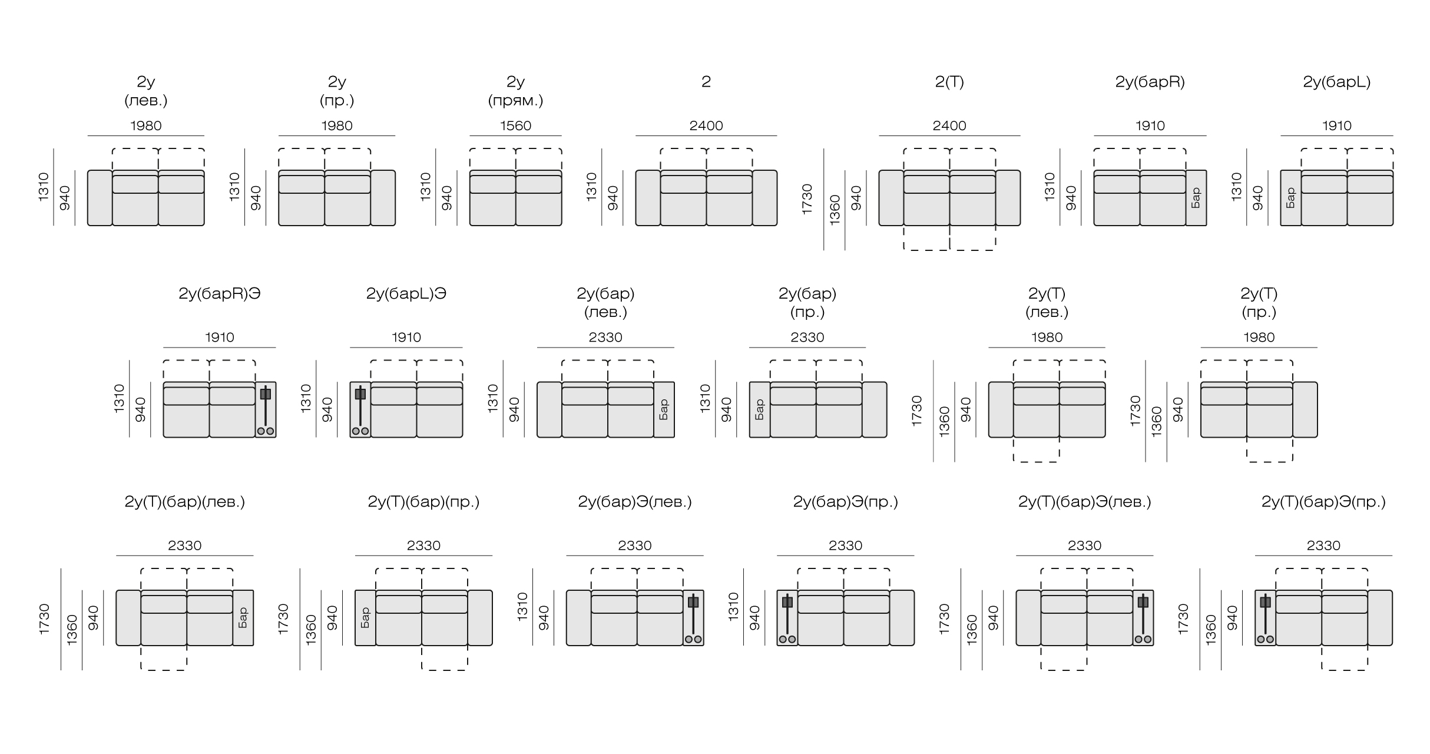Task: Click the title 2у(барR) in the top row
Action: [x=1150, y=82]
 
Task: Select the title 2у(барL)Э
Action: [x=406, y=294]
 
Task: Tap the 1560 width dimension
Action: [x=515, y=125]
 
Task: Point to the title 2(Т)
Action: [x=949, y=82]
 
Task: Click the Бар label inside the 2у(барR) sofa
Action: [x=1196, y=198]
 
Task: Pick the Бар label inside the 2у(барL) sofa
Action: [x=1290, y=198]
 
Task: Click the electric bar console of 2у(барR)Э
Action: [x=266, y=410]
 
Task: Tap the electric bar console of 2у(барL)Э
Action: [x=360, y=410]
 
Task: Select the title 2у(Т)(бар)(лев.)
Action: [x=185, y=502]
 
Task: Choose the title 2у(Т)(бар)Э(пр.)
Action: [x=1323, y=502]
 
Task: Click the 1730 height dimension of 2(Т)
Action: [x=807, y=199]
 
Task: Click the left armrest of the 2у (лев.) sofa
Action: [x=100, y=198]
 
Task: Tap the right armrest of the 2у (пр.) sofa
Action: [x=383, y=198]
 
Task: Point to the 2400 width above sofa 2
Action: [x=706, y=125]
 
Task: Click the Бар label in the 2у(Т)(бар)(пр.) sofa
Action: [x=365, y=618]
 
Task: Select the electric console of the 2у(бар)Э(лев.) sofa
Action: [x=694, y=618]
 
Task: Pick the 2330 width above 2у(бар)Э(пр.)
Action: [x=845, y=545]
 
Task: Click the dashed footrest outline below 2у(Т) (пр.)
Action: [x=1270, y=450]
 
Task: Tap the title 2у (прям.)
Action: [x=515, y=91]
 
